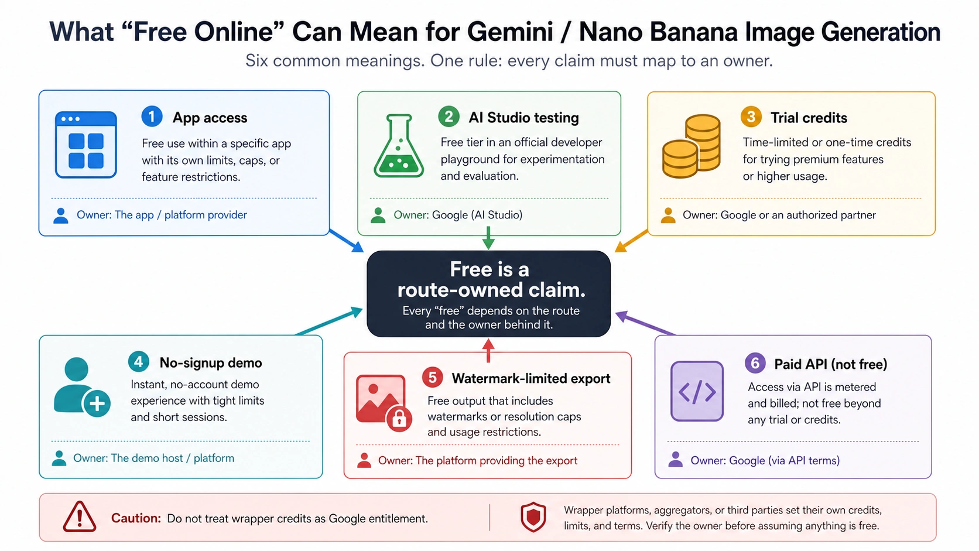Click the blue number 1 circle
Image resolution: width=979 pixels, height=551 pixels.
[152, 117]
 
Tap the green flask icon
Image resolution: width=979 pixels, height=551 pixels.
[399, 146]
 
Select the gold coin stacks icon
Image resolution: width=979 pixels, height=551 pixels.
[692, 146]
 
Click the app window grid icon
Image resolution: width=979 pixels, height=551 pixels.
[86, 145]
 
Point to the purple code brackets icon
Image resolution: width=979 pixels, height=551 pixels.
[697, 391]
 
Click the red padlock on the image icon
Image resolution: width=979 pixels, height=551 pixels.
[399, 419]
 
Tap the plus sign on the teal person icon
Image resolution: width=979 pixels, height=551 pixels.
[97, 403]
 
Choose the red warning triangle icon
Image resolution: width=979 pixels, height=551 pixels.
[79, 517]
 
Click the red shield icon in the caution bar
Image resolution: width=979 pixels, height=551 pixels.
[533, 518]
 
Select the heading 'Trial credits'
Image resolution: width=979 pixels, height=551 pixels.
[809, 118]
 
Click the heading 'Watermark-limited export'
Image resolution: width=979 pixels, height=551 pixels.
[531, 378]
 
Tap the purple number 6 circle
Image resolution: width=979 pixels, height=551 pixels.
[755, 363]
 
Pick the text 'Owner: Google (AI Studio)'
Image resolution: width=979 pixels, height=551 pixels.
[458, 214]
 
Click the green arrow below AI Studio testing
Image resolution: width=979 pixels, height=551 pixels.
[488, 238]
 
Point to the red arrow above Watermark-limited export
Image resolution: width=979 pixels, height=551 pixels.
[488, 351]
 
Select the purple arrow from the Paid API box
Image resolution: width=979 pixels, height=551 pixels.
[645, 323]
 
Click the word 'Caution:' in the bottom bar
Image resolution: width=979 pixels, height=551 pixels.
[136, 518]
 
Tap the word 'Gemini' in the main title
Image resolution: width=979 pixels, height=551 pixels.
[510, 32]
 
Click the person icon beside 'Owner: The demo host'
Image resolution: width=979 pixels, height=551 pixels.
[59, 458]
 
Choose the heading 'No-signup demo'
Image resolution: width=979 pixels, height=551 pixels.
[211, 362]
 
